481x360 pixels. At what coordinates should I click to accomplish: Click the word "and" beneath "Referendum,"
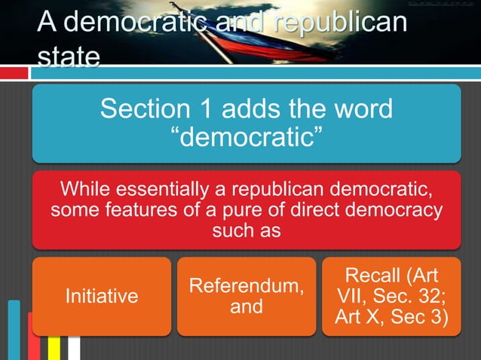pyautogui.click(x=246, y=307)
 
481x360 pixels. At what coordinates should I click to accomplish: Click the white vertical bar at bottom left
pyautogui.click(x=74, y=348)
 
